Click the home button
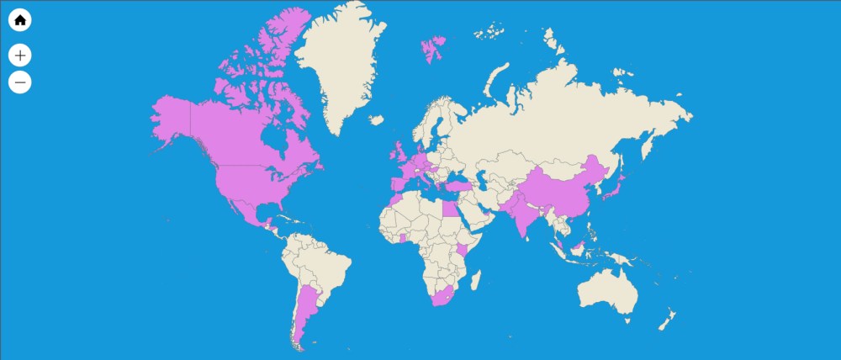click(x=20, y=19)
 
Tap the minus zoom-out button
click(x=20, y=82)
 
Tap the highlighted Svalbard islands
click(x=433, y=47)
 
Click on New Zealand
click(x=667, y=320)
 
